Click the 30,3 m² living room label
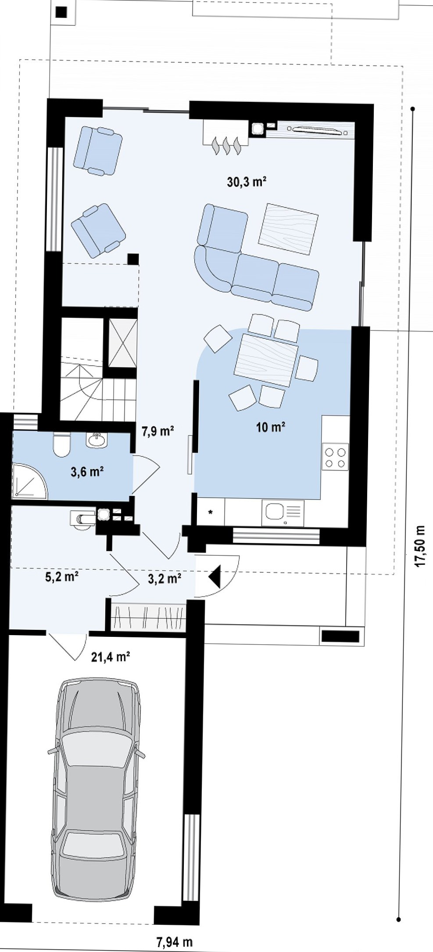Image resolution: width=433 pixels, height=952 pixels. pyautogui.click(x=247, y=181)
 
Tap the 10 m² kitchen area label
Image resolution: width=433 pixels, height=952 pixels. pyautogui.click(x=271, y=427)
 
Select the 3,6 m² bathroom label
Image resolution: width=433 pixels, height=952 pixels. pyautogui.click(x=87, y=472)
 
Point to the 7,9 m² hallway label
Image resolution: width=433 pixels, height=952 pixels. pyautogui.click(x=158, y=431)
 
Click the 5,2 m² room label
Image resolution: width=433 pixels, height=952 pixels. pyautogui.click(x=62, y=576)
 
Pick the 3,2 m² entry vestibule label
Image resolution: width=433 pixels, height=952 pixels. pyautogui.click(x=165, y=578)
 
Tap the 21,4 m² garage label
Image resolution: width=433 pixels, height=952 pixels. pyautogui.click(x=110, y=657)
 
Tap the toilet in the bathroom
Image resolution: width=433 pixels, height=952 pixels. pyautogui.click(x=62, y=444)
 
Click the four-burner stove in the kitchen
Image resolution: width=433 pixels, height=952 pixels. pyautogui.click(x=336, y=456)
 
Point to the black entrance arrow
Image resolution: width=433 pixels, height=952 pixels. pyautogui.click(x=215, y=576)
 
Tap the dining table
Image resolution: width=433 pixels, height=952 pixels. pyautogui.click(x=267, y=360)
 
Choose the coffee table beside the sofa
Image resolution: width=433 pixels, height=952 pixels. pyautogui.click(x=288, y=229)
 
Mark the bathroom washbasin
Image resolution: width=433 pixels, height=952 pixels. pyautogui.click(x=96, y=440)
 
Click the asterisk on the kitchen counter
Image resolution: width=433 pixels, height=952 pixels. pyautogui.click(x=211, y=512)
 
